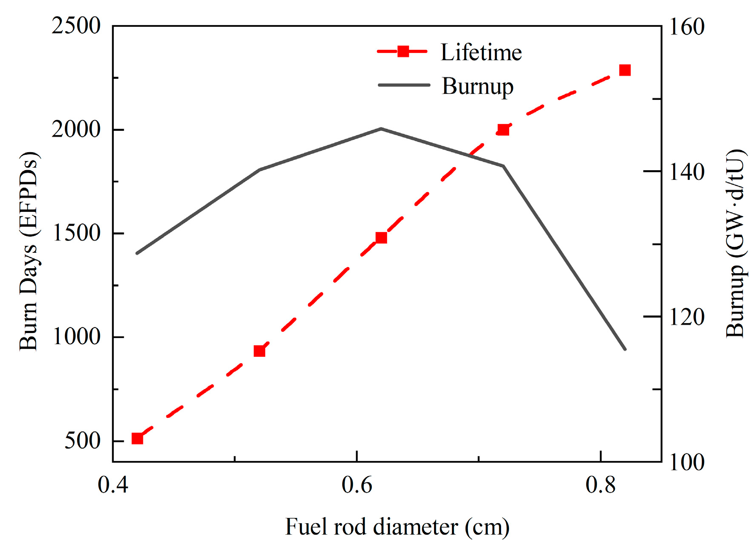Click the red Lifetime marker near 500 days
(x=137, y=438)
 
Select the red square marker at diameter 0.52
(x=259, y=351)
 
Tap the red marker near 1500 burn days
(x=381, y=237)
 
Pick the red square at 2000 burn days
(x=503, y=130)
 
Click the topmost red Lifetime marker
(x=625, y=70)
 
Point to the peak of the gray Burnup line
(x=381, y=128)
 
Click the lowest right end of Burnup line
(x=625, y=349)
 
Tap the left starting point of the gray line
(x=137, y=253)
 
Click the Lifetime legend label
(x=481, y=52)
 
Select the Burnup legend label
(x=478, y=86)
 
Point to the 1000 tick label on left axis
(x=76, y=337)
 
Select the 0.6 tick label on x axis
(x=356, y=485)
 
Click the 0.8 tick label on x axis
(x=600, y=485)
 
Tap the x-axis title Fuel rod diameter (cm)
(x=397, y=527)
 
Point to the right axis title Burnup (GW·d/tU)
(x=734, y=243)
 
